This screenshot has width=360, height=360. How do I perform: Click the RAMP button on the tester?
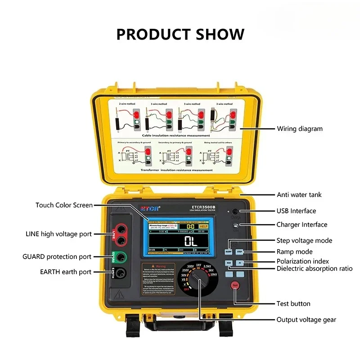pyautogui.click(x=229, y=252)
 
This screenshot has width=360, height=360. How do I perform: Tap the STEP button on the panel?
pyautogui.click(x=240, y=252)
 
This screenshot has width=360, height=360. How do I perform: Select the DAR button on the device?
pyautogui.click(x=229, y=262)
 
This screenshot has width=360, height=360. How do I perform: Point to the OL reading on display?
pyautogui.click(x=191, y=241)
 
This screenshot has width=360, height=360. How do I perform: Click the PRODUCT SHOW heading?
pyautogui.click(x=180, y=34)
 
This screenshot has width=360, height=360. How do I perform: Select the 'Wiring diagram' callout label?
pyautogui.click(x=299, y=129)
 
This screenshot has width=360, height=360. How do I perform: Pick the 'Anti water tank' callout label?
pyautogui.click(x=299, y=195)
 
